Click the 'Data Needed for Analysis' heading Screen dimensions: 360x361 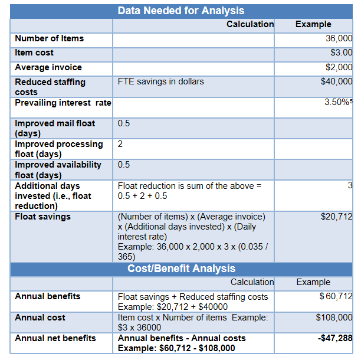pyautogui.click(x=180, y=11)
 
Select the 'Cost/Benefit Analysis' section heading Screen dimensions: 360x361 pyautogui.click(x=181, y=269)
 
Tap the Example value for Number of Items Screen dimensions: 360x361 pyautogui.click(x=339, y=38)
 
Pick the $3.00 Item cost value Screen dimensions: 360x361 pyautogui.click(x=342, y=53)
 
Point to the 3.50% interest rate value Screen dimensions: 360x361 pyautogui.click(x=336, y=103)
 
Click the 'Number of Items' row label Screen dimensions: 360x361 pyautogui.click(x=49, y=38)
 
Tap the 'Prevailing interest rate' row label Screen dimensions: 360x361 pyautogui.click(x=63, y=103)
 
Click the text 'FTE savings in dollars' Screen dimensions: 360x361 pyautogui.click(x=160, y=81)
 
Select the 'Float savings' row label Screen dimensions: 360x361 pyautogui.click(x=42, y=217)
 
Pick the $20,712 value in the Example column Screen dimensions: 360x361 pyautogui.click(x=336, y=217)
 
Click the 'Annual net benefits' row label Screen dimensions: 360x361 pyautogui.click(x=55, y=338)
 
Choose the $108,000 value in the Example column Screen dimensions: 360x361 pyautogui.click(x=334, y=318)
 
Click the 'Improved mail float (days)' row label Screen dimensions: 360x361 pyautogui.click(x=54, y=129)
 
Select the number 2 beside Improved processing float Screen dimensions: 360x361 pyautogui.click(x=120, y=144)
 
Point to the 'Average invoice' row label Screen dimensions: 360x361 pyautogui.click(x=48, y=67)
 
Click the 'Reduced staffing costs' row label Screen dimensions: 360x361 pyautogui.click(x=50, y=87)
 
